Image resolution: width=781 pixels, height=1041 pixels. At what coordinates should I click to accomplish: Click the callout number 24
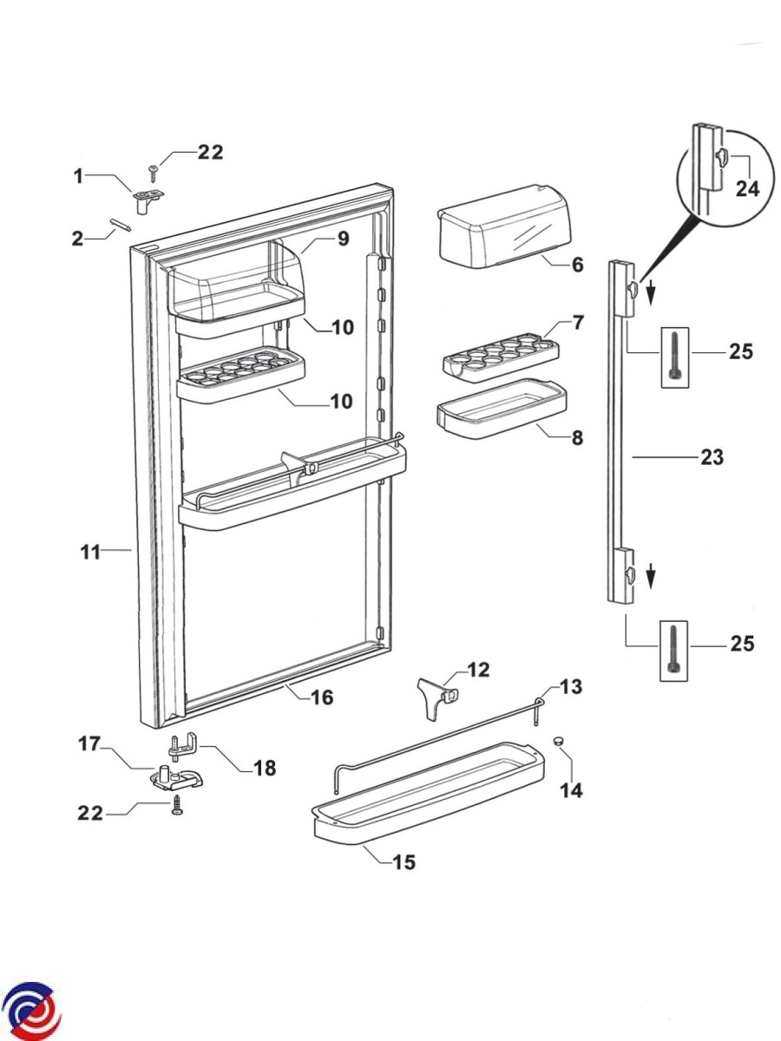tap(747, 189)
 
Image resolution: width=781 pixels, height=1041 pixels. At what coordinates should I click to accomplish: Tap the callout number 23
tap(712, 457)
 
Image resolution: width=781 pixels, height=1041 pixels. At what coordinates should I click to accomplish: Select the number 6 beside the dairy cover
tap(577, 265)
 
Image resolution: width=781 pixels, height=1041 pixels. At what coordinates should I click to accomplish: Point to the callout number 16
tap(322, 697)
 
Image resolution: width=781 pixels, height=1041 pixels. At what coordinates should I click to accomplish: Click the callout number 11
tap(90, 552)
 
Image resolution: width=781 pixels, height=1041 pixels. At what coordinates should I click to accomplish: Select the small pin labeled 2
tap(121, 225)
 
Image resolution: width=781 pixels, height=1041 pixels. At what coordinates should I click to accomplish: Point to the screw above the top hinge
tap(154, 173)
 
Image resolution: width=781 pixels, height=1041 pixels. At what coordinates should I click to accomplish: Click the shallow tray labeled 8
tap(502, 409)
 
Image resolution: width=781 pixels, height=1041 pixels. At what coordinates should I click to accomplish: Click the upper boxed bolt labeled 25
tap(675, 357)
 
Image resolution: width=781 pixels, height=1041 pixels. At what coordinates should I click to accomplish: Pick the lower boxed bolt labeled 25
tap(674, 651)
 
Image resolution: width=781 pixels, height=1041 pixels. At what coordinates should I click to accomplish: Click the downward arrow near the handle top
tap(652, 291)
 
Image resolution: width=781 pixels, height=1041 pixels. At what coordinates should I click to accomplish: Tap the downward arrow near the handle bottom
tap(652, 575)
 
